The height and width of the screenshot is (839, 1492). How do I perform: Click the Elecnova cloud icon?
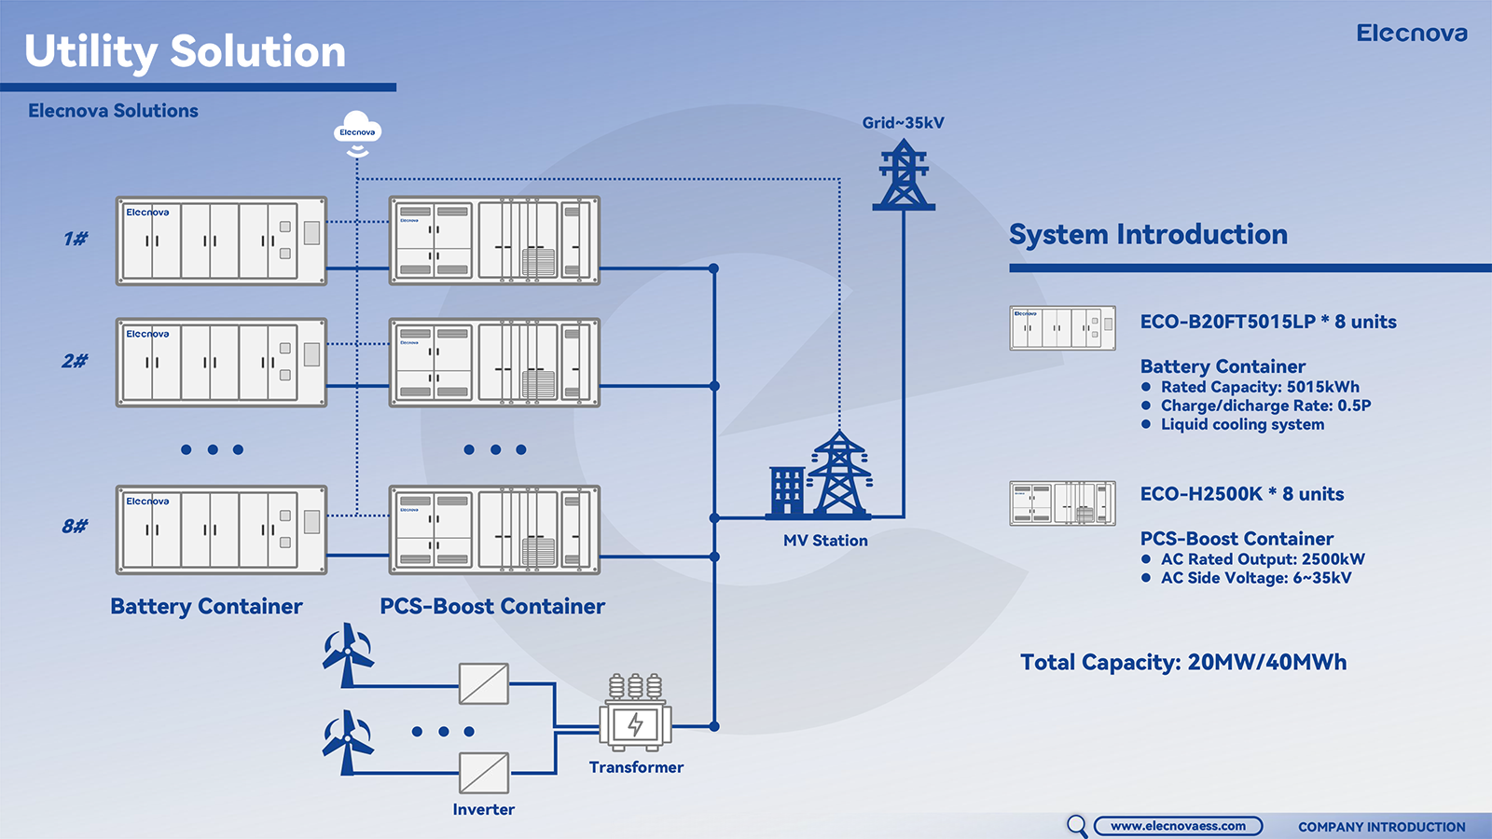click(357, 131)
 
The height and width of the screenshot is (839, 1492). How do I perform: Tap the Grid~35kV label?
click(903, 123)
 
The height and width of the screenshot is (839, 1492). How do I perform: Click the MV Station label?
click(825, 541)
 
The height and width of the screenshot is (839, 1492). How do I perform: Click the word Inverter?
click(483, 809)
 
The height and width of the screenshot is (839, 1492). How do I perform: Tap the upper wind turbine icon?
click(348, 653)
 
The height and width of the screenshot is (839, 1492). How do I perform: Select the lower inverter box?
click(484, 773)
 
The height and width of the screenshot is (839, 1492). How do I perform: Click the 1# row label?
click(76, 240)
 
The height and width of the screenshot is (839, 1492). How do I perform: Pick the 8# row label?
click(76, 527)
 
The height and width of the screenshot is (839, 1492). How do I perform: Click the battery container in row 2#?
click(221, 363)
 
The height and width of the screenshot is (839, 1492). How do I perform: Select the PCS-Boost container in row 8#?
click(494, 530)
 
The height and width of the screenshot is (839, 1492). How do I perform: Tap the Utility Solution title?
click(185, 51)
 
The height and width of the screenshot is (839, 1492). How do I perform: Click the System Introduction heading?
click(1148, 234)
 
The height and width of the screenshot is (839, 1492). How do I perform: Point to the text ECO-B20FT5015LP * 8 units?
click(1268, 322)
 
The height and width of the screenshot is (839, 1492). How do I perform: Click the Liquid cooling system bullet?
click(1242, 424)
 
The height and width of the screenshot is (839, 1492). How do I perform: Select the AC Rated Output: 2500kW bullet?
click(1262, 559)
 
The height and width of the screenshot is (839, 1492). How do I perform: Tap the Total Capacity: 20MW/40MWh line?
click(1183, 662)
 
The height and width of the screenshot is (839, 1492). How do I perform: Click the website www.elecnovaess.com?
click(1178, 826)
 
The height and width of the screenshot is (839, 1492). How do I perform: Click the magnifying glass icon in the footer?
click(1077, 825)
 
